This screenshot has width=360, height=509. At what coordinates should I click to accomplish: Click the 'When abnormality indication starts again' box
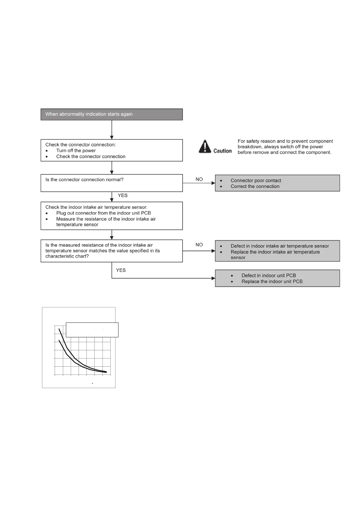112,114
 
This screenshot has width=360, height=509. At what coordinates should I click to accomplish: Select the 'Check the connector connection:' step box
112,150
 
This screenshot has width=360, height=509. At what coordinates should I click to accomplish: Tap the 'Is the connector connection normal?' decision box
112,183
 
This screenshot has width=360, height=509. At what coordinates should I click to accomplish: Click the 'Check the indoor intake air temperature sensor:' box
112,216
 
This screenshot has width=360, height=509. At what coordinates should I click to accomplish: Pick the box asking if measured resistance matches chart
112,251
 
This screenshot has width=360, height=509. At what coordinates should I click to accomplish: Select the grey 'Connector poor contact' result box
277,183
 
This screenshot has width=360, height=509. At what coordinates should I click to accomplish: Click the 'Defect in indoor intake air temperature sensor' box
277,251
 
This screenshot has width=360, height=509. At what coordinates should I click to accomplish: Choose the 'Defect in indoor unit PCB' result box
277,278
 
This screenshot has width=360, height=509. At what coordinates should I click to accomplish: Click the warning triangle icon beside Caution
205,146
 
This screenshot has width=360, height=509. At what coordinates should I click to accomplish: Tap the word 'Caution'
222,151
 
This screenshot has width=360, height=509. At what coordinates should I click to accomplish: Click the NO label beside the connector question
199,179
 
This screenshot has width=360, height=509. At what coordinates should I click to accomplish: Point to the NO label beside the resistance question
199,245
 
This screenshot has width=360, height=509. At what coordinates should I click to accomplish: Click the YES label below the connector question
122,196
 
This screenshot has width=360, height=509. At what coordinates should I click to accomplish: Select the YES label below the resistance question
121,270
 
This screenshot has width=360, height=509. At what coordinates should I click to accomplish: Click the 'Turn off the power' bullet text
76,151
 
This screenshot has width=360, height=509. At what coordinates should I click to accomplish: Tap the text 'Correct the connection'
255,186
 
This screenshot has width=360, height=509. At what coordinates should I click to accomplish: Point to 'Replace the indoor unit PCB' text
272,281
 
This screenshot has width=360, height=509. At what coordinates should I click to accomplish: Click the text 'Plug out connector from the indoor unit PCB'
103,213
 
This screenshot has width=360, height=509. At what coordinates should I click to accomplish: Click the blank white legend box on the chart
92,330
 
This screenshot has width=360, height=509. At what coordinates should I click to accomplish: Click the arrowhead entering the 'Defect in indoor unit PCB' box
213,278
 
